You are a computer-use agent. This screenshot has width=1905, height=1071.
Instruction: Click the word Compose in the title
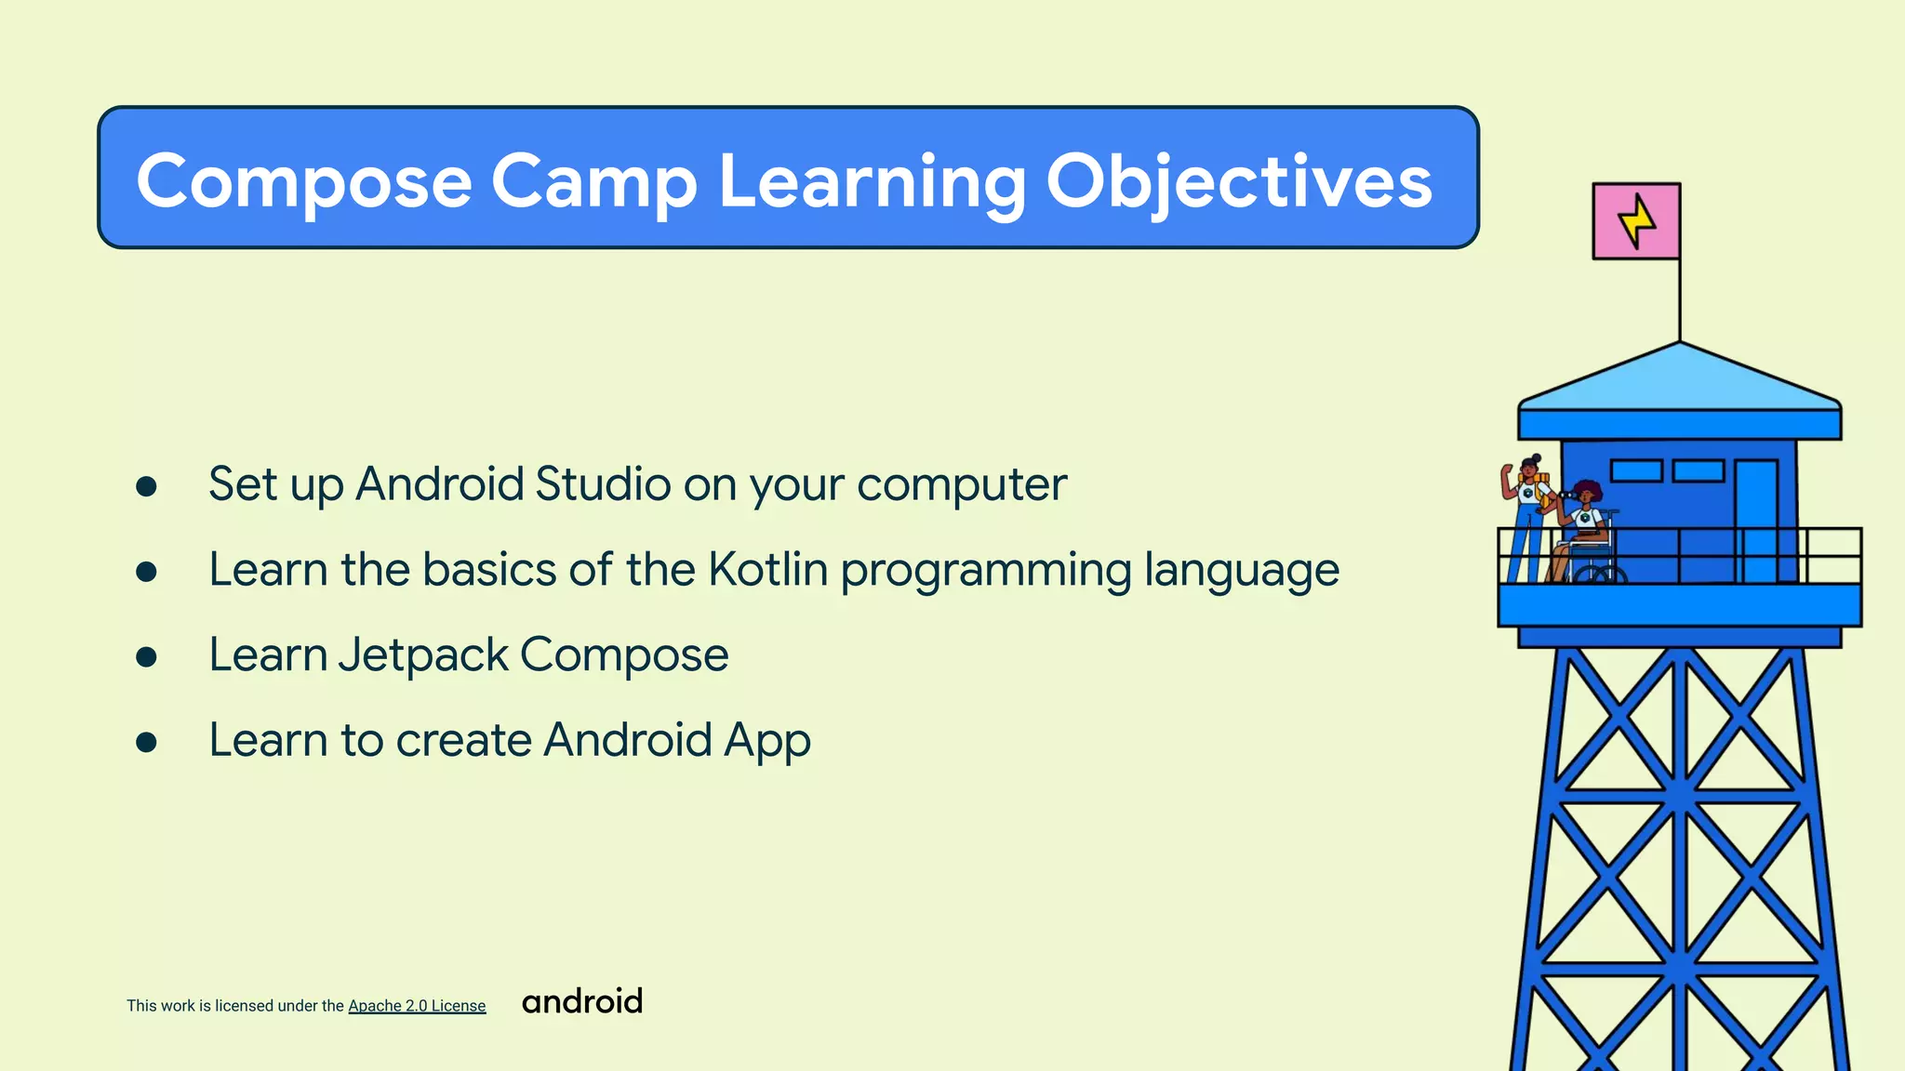click(x=304, y=181)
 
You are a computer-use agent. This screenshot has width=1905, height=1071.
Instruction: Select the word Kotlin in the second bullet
click(x=767, y=569)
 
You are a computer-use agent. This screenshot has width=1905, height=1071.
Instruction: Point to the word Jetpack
click(x=422, y=654)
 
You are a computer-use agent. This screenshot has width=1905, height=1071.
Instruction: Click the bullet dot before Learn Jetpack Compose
click(x=146, y=657)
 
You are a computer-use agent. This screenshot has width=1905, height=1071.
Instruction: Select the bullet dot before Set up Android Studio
click(x=146, y=486)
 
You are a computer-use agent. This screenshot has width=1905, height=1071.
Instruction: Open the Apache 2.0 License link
click(x=417, y=1006)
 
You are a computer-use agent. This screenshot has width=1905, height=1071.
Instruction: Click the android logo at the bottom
click(x=582, y=1001)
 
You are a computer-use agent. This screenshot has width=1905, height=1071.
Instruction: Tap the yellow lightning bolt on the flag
click(x=1636, y=221)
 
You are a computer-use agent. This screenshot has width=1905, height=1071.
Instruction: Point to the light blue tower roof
click(x=1679, y=381)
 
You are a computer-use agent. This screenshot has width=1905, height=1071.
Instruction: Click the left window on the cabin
click(x=1636, y=471)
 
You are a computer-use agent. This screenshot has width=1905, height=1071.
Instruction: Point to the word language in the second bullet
click(x=1241, y=569)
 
